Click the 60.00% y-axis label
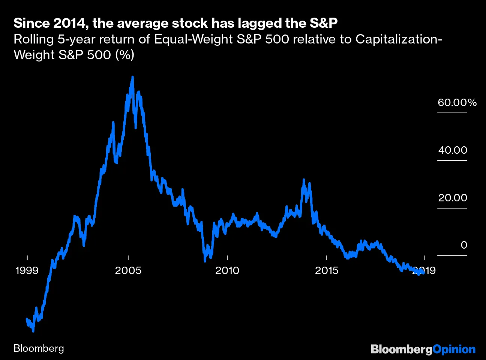coord(457,103)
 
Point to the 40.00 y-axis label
coord(453,150)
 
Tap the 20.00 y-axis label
coord(453,198)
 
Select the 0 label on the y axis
coord(464,245)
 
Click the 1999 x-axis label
coord(27,270)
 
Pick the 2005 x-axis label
coord(128,270)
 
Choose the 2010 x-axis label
coord(227,270)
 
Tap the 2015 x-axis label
coord(327,270)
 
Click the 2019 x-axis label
coord(424,270)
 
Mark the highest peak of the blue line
coord(132,77)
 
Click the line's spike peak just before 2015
coord(304,180)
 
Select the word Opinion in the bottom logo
coord(454,349)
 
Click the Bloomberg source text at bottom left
coord(39,348)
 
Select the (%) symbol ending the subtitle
coord(124,55)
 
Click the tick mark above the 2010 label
coord(227,258)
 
